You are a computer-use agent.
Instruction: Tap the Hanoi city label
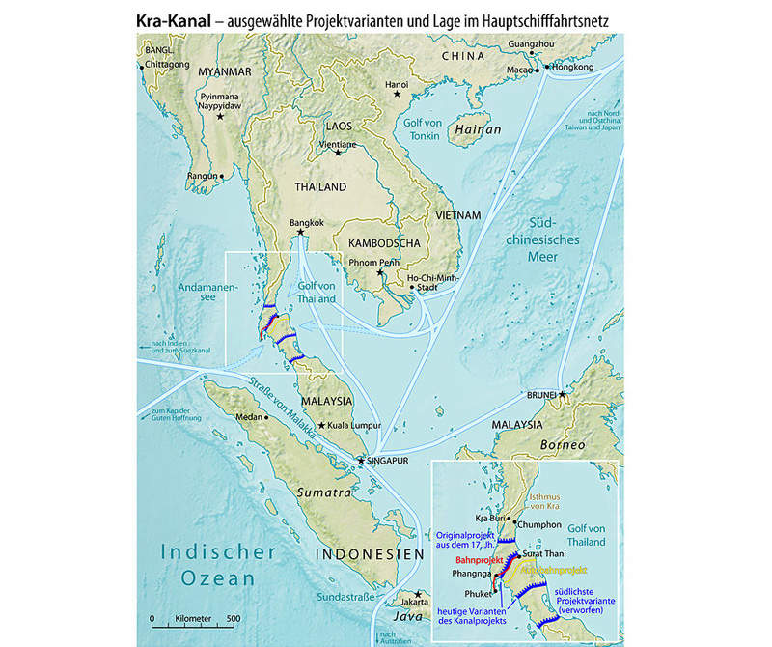tap(398, 85)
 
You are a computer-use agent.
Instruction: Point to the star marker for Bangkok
tap(301, 232)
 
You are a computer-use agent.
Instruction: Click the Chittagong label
tap(169, 66)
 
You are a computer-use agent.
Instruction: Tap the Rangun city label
tap(203, 176)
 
